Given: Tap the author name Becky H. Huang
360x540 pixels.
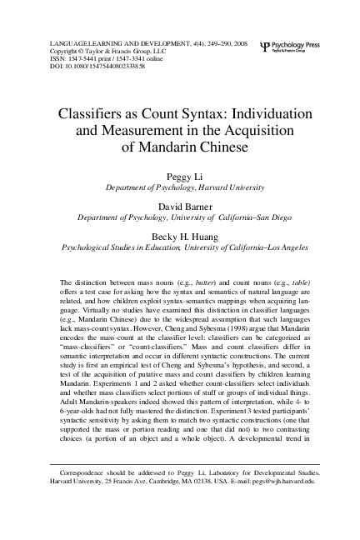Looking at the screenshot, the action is (x=179, y=235).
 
